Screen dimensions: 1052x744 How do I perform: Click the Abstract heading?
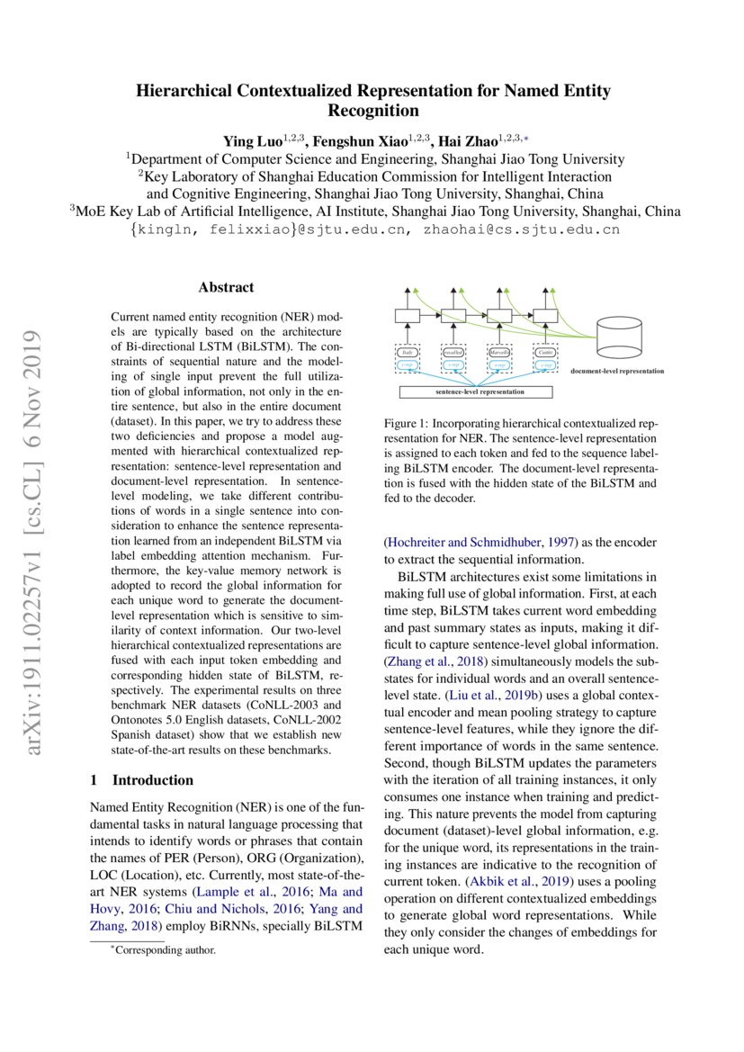click(226, 288)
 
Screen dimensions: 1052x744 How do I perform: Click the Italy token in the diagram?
click(407, 354)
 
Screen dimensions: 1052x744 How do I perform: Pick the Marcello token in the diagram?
click(499, 354)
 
